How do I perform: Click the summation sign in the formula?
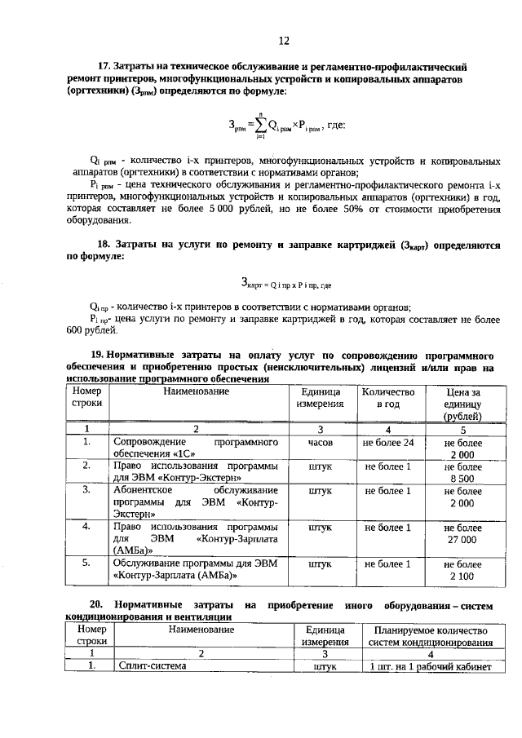[x=260, y=126]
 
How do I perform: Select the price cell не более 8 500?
[x=462, y=472]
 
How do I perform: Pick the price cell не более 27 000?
[x=462, y=533]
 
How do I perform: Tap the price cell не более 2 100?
[x=462, y=570]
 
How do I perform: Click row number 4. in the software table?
[x=86, y=527]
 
